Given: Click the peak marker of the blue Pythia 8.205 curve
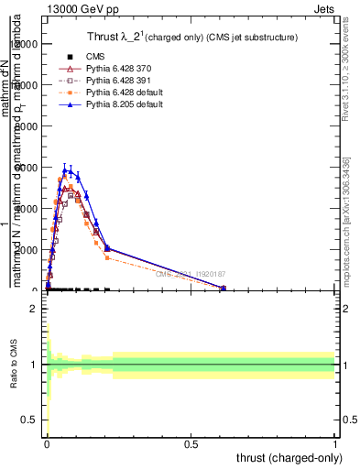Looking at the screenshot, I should (65, 169).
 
